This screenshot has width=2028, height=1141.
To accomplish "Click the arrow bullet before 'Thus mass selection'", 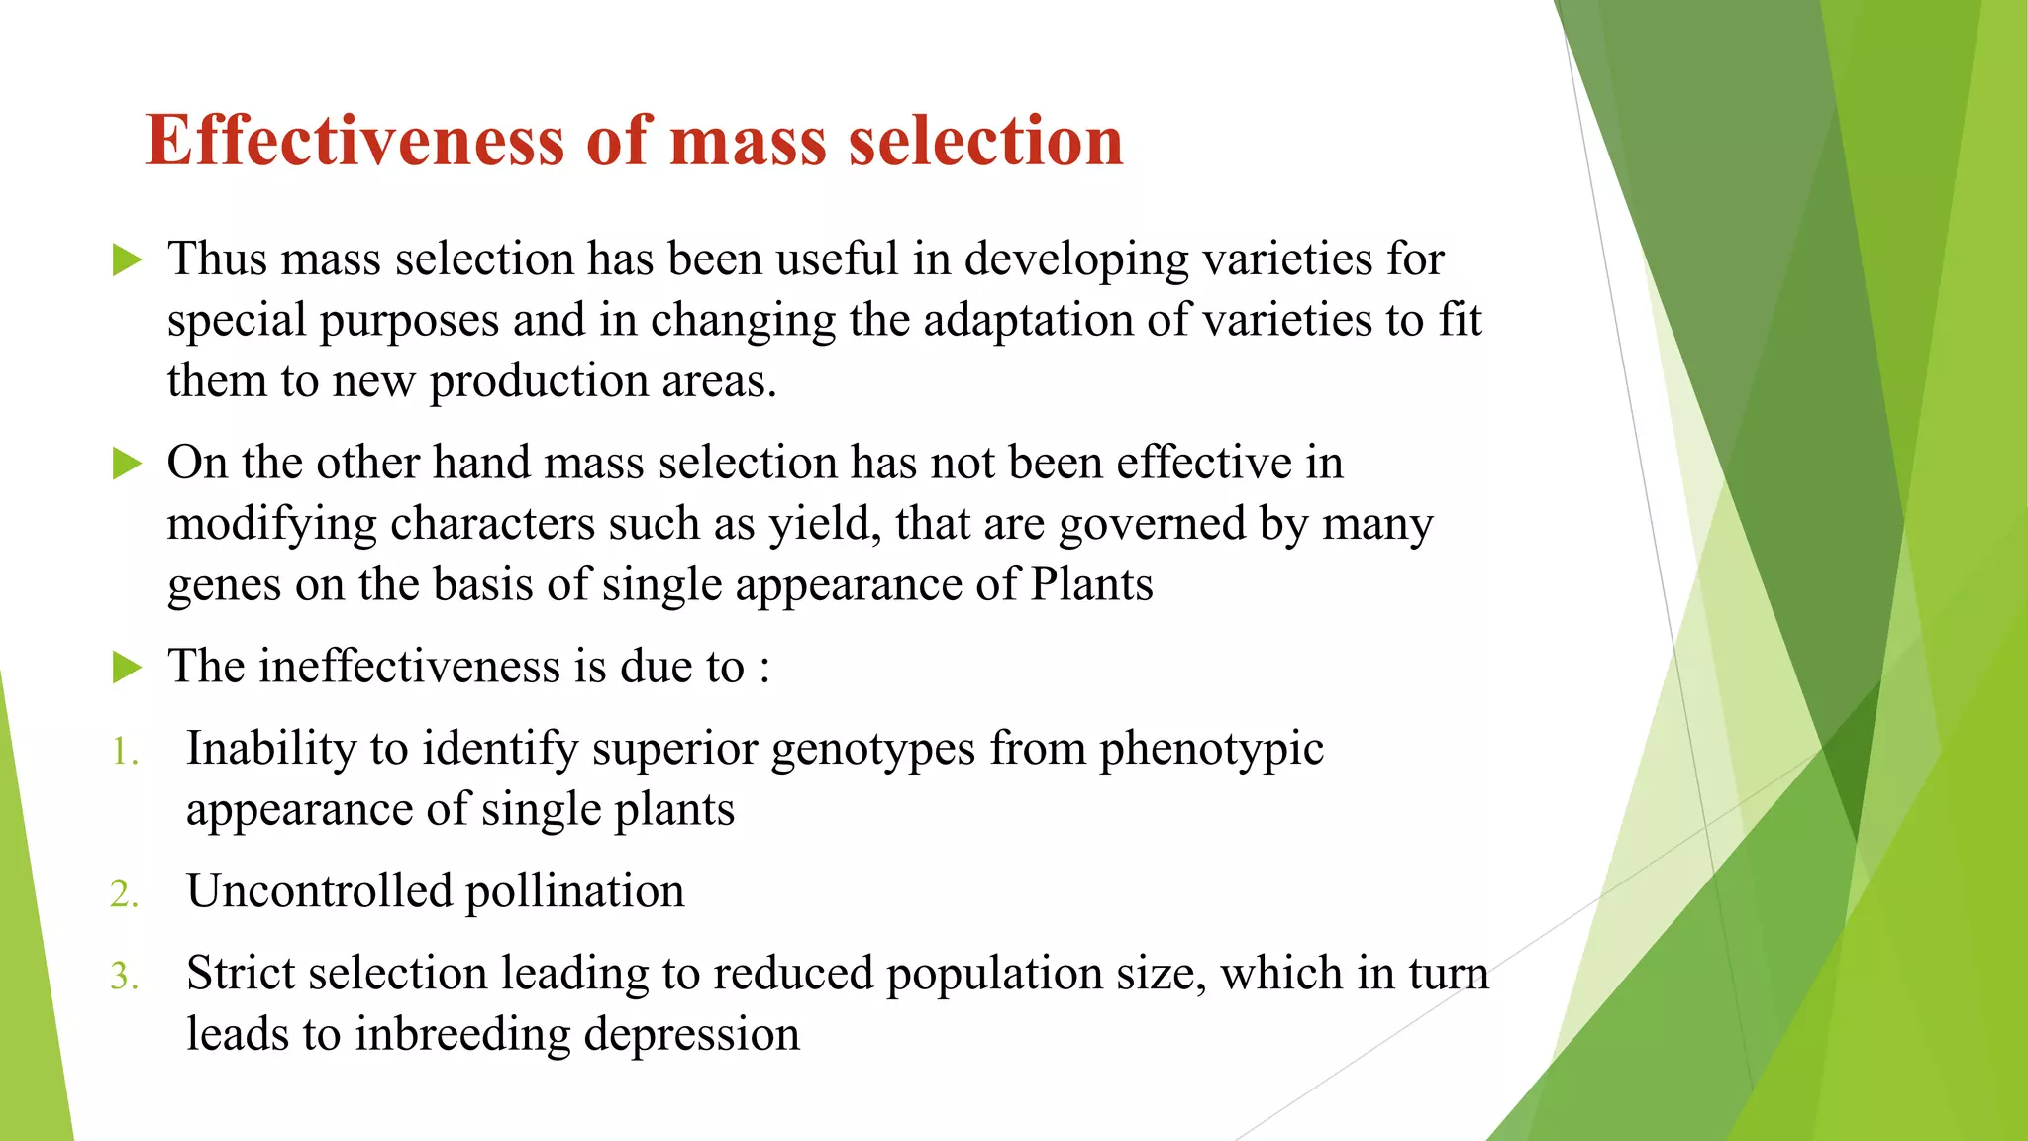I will (x=127, y=260).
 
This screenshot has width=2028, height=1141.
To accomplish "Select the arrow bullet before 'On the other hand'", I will (x=127, y=464).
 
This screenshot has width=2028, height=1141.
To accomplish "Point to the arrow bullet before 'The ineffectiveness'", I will (x=127, y=668).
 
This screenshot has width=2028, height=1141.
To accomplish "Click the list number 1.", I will (x=124, y=752).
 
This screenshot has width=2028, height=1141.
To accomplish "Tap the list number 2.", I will (x=124, y=894).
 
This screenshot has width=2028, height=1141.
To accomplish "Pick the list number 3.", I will (x=124, y=977).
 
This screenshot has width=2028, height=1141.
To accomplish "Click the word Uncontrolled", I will (x=319, y=890).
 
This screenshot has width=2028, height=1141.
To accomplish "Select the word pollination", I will (x=574, y=890).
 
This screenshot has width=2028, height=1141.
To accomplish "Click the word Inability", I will (x=270, y=748).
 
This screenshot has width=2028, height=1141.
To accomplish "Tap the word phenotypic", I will (x=1211, y=750).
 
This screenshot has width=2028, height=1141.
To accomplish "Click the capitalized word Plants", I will (x=1091, y=584).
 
